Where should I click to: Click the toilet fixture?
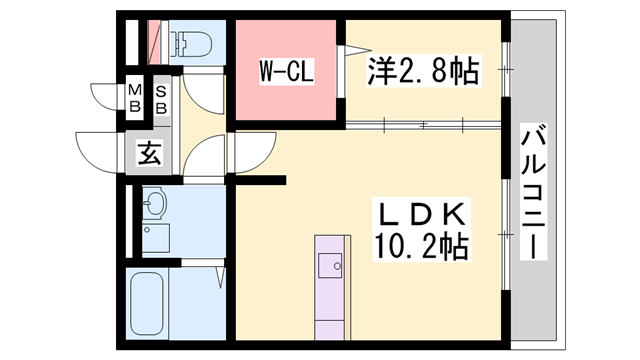click(190, 43)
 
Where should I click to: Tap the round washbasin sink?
click(153, 206)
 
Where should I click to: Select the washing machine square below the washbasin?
click(155, 237)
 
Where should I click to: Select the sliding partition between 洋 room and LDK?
click(420, 125)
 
